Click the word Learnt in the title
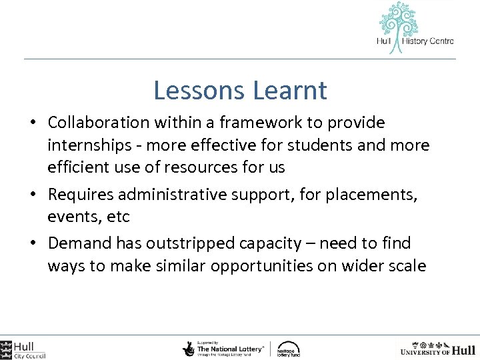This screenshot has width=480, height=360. (288, 91)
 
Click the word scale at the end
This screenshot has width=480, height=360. (406, 265)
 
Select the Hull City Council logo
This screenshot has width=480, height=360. (23, 349)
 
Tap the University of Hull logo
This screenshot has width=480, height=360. (437, 349)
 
